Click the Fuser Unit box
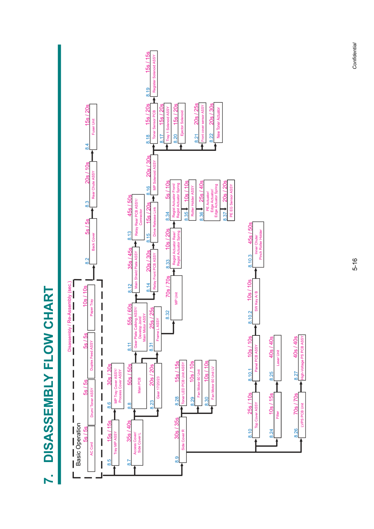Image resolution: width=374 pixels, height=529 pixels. [x=93, y=127]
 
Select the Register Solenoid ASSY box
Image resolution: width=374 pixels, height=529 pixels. [x=154, y=73]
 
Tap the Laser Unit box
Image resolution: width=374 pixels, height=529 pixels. [x=278, y=358]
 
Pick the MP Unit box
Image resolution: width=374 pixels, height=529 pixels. [x=176, y=298]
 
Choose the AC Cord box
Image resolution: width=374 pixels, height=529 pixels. [x=91, y=449]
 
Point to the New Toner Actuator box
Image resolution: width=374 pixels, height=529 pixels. [x=219, y=123]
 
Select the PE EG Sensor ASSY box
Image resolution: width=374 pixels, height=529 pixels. [x=231, y=200]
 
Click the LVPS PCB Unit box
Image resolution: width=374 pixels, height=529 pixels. [x=302, y=415]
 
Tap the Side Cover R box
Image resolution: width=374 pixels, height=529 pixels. [x=183, y=440]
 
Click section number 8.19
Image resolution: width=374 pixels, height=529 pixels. [x=148, y=92]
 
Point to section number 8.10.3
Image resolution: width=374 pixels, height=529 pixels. [x=250, y=261]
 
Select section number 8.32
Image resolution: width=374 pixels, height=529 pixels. [x=168, y=315]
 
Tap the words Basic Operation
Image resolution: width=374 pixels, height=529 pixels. [x=78, y=444]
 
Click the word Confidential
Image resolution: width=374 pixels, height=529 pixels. [x=354, y=56]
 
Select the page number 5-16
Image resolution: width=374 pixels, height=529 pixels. [x=354, y=264]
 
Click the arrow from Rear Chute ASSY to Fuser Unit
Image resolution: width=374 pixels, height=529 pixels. [x=93, y=156]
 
